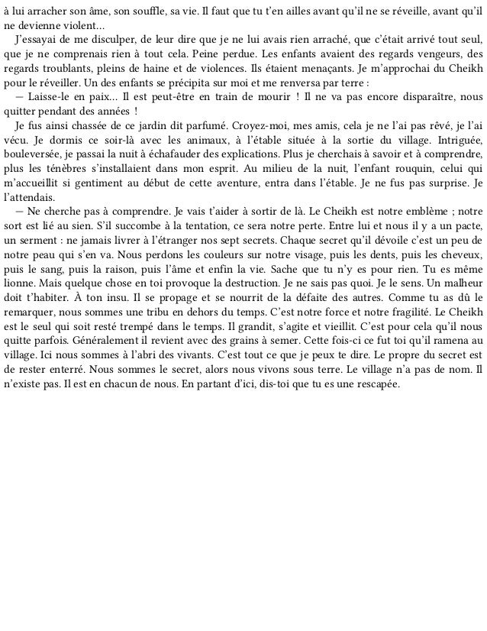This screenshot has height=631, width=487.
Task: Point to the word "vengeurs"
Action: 437,54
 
